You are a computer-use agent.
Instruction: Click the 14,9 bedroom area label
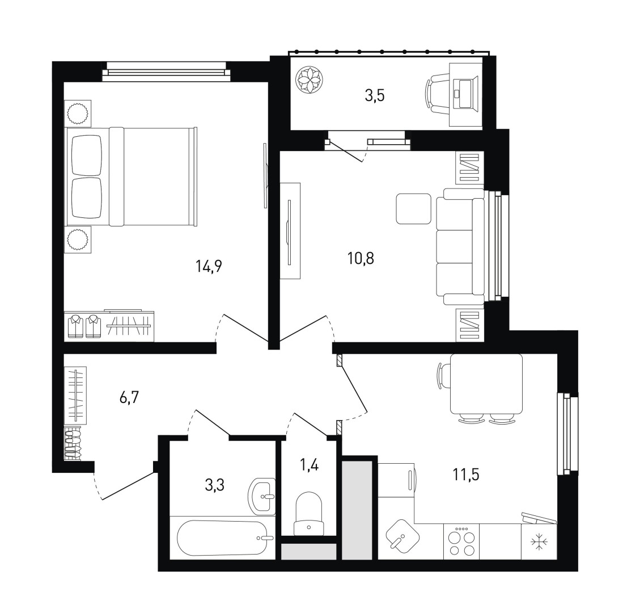pos(209,266)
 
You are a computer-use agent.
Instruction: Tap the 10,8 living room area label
pos(361,259)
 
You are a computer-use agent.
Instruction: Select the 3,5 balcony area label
pos(375,96)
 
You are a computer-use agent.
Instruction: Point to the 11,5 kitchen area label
pos(466,474)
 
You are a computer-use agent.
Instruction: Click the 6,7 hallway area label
pos(129,397)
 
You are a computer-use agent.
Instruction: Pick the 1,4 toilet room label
pos(310,465)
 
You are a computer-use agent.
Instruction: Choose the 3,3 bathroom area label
pos(214,485)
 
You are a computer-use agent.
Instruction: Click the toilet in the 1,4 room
pos(309,514)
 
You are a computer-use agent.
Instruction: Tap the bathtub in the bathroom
pos(226,538)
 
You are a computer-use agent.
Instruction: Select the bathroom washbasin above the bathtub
pos(261,496)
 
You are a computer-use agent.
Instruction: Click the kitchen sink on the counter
pos(402,538)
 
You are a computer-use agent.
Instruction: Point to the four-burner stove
pos(461,541)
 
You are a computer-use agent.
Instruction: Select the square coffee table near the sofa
pos(413,208)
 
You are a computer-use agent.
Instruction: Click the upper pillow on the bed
pos(87,156)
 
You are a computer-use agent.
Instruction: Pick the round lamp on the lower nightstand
pos(77,240)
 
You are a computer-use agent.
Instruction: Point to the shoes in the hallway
pos(73,443)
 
